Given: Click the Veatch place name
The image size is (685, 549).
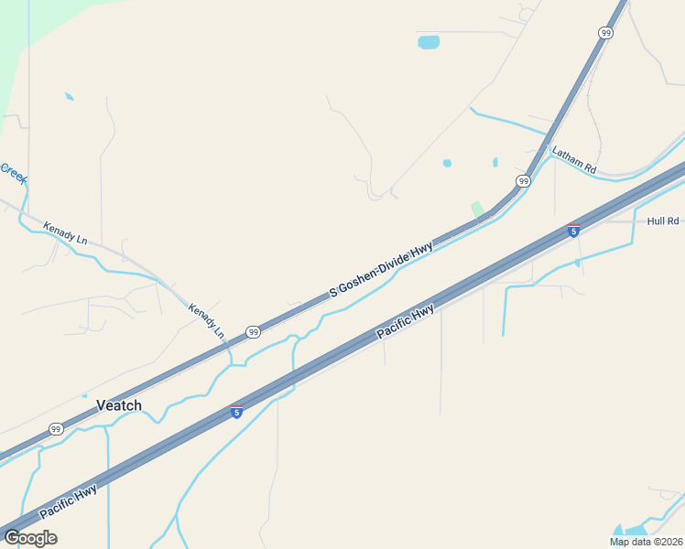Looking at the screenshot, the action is pos(119,405).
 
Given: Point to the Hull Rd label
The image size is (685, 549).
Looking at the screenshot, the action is pos(662,221).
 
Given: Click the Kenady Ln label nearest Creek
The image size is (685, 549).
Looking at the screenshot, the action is pos(65,232).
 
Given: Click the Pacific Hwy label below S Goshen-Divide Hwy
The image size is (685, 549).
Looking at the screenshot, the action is pos(406,324).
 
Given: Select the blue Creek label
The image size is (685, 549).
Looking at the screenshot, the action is pos(13,171).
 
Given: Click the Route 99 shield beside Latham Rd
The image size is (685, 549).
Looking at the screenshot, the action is pos(523,181).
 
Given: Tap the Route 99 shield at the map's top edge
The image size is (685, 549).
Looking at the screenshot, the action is pos(605,32).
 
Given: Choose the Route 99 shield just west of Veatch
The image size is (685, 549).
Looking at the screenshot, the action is pos(56,428).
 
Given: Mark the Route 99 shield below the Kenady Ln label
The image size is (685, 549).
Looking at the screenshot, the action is pos(252,331).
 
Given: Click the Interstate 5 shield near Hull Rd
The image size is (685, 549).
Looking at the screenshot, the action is pos(573,231).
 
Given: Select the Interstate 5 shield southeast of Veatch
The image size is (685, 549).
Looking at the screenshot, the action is pos(236,413).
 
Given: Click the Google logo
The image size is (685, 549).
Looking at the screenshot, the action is pos(30,537).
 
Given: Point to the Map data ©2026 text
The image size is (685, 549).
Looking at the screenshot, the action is pos(647,542).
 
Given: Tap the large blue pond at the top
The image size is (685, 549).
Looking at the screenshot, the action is pos(429,42).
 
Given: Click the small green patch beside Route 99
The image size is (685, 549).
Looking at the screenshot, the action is pos(477,209).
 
